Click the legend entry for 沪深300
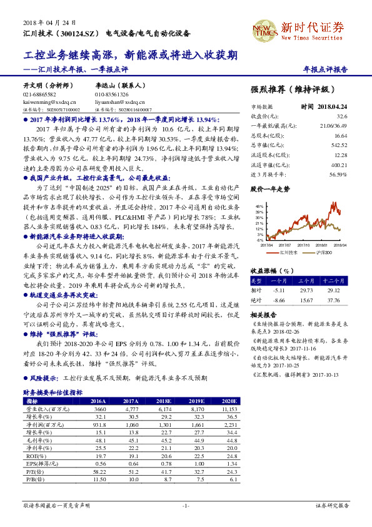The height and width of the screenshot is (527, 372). point(324,252)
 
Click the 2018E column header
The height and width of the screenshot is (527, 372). point(163,401)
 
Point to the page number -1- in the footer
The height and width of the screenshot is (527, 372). point(186,504)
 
